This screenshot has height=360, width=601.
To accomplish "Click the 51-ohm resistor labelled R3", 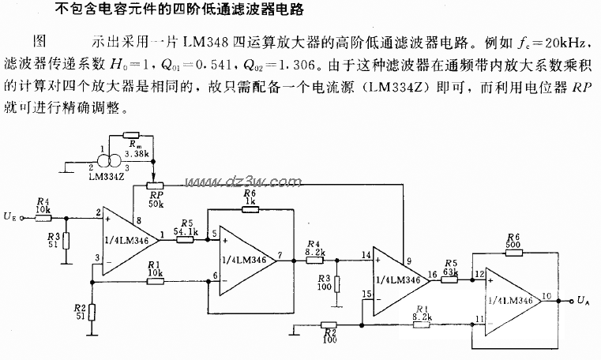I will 66,240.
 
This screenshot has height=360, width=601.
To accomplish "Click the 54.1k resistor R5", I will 186,234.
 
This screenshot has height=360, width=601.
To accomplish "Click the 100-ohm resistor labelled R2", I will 330,324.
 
